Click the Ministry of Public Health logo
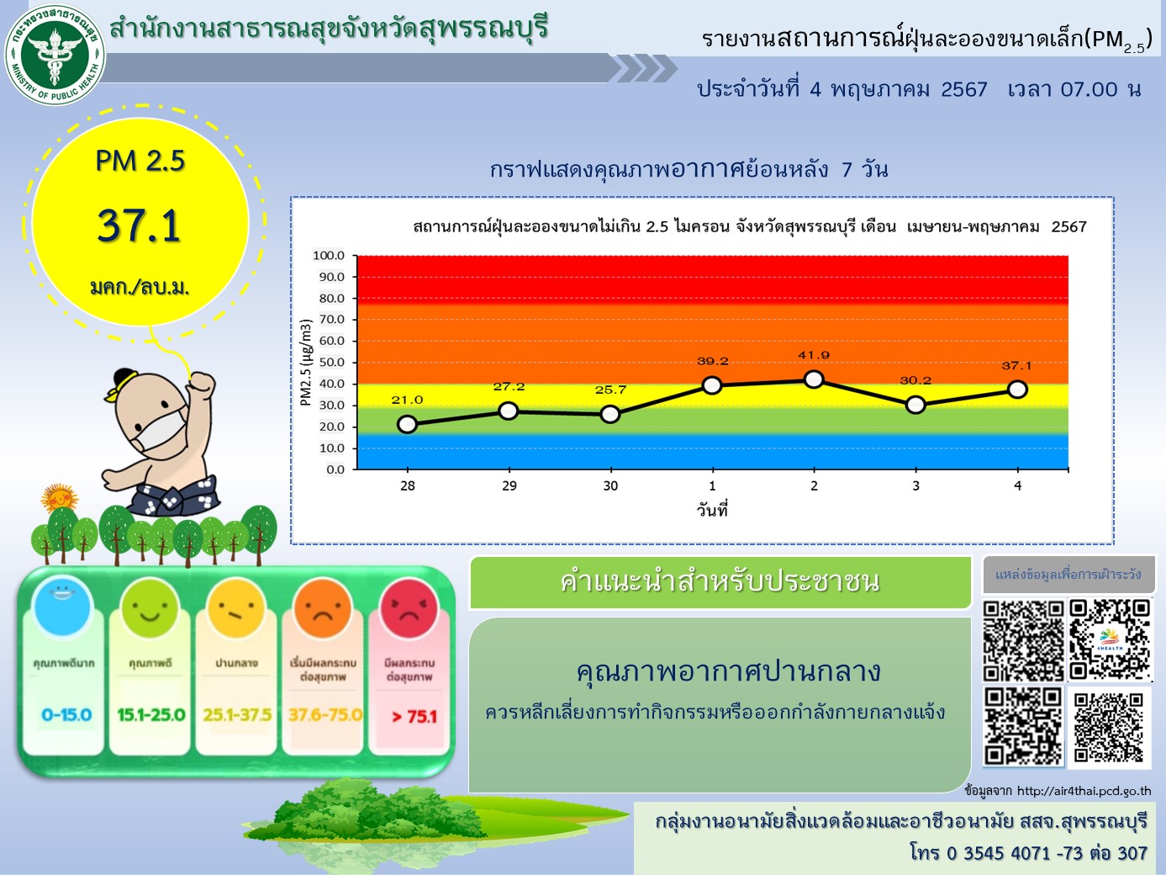coord(55,52)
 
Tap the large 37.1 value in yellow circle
coord(139,225)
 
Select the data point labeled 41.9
coord(814,379)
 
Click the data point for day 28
coord(407,424)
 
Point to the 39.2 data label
coord(712,361)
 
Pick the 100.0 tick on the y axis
coord(329,255)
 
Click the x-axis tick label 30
coord(610,485)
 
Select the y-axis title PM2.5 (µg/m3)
coord(306,362)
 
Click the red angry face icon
coord(409,609)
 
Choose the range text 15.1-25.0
coord(150,714)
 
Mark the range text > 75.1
coord(414,717)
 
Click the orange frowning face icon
coord(322,609)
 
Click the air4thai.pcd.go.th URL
coord(1084,791)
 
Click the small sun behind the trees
coord(60,498)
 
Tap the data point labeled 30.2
coord(915,405)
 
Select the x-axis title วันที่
coord(712,510)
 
